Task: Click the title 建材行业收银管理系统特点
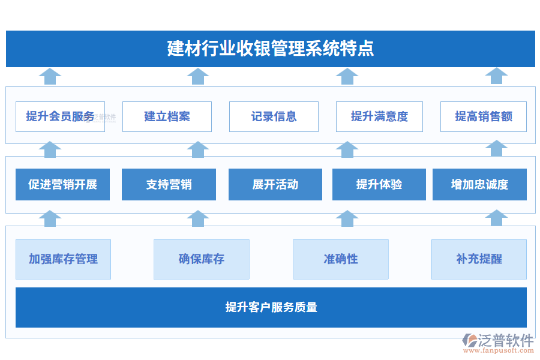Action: [270, 49]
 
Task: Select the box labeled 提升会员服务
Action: [60, 116]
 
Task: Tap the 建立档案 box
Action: [167, 116]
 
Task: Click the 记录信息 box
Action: [274, 116]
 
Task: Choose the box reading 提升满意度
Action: [379, 116]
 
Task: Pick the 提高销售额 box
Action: [484, 116]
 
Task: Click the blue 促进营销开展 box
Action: [62, 184]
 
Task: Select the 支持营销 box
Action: [169, 184]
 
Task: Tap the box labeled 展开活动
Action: [275, 184]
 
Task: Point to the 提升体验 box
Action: [379, 184]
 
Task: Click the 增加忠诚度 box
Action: [479, 184]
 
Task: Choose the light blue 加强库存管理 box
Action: [63, 259]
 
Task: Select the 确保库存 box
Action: [202, 259]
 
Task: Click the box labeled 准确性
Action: [341, 259]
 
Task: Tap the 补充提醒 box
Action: [479, 259]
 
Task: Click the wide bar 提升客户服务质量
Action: [271, 307]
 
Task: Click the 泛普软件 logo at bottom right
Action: [499, 340]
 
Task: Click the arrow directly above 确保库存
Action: [197, 218]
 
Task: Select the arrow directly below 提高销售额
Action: [496, 149]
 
